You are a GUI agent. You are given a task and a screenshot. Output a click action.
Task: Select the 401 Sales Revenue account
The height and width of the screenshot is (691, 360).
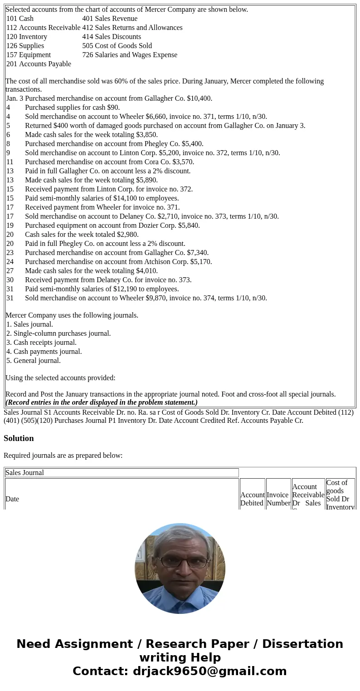point(110,19)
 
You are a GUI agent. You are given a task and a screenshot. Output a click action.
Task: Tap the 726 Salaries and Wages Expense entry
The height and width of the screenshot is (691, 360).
point(130,55)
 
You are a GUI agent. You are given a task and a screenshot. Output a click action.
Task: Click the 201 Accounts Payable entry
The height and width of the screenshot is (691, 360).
point(39,64)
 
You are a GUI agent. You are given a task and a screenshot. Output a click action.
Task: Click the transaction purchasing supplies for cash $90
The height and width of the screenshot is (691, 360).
point(73,108)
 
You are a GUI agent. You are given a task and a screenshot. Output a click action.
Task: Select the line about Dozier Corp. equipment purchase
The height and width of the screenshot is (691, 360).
point(112,225)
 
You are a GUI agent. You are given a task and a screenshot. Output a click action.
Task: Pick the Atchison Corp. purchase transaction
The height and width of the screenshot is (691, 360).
point(118,262)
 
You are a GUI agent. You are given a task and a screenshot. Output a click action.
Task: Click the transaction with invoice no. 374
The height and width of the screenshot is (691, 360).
point(146,298)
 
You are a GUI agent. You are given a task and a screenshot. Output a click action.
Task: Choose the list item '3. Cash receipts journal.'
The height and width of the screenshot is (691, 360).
point(41,343)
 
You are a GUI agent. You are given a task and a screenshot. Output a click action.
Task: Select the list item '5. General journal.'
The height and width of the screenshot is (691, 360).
point(34,361)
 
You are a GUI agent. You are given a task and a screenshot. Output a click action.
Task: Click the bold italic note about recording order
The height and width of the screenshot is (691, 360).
point(102,402)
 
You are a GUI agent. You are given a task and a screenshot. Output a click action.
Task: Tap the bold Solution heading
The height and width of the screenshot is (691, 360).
point(19,438)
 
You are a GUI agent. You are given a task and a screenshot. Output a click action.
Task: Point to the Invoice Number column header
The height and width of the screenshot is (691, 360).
point(278,499)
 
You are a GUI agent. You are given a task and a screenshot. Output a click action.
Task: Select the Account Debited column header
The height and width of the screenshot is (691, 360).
point(252,499)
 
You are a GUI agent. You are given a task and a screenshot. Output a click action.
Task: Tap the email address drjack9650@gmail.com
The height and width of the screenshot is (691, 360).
point(209,671)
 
